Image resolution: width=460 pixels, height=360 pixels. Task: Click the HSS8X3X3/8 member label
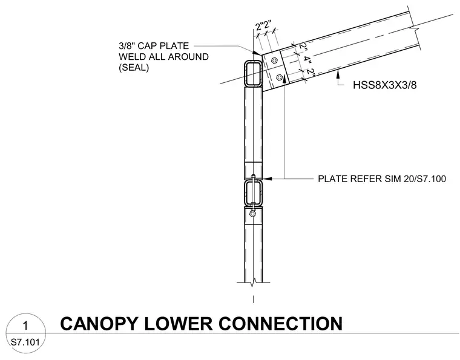pos(384,85)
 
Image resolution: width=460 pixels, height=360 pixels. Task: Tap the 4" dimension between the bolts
pos(307,59)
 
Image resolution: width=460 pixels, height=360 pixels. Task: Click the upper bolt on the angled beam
pos(274,61)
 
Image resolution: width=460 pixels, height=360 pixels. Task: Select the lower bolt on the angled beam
pos(279,77)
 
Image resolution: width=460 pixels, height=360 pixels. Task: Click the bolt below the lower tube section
pos(252,214)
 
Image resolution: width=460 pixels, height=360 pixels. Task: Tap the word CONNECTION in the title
pos(280,323)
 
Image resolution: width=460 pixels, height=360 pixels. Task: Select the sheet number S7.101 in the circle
pos(25,342)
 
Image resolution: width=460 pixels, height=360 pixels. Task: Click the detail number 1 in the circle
pos(25,326)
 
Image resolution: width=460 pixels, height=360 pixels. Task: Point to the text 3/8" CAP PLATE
pos(154,46)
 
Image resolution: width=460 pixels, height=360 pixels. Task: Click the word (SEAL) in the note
pos(134,67)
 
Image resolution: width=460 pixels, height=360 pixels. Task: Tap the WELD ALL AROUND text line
pos(163,57)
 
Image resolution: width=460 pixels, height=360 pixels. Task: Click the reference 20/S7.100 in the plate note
pos(425,178)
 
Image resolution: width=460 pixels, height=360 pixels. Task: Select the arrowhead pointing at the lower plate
pos(268,178)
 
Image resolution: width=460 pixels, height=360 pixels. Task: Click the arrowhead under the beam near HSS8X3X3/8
pos(338,75)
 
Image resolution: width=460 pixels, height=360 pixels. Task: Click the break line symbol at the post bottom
pos(254,283)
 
